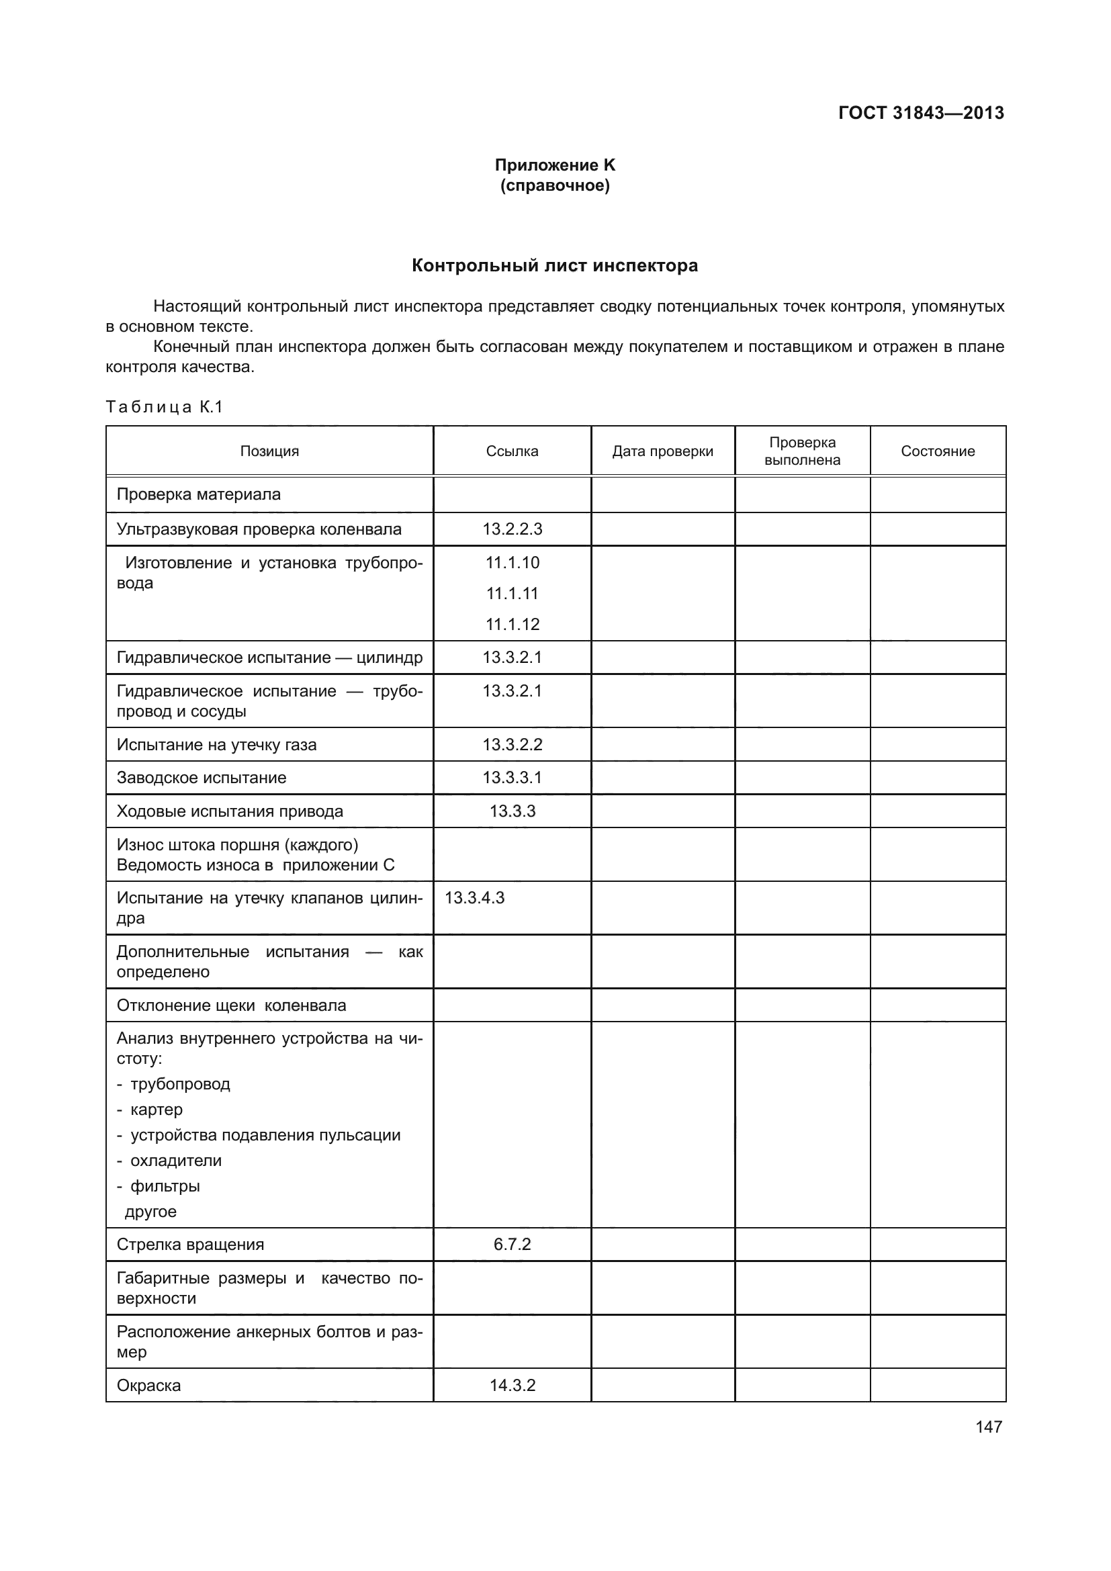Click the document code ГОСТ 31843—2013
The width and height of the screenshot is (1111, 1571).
[x=921, y=113]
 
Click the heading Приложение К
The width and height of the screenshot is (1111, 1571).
[x=555, y=165]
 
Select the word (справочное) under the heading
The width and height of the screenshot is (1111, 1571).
[x=555, y=185]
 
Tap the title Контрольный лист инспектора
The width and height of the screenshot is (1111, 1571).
[x=555, y=265]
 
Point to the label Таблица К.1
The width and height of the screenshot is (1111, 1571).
[x=164, y=407]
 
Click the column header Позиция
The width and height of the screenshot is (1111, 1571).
[x=269, y=451]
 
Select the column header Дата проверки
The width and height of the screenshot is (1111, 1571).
[x=662, y=451]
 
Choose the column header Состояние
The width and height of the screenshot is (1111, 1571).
[x=937, y=451]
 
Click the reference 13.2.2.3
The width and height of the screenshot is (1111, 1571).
[x=512, y=529]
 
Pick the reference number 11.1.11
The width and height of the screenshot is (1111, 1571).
[x=512, y=593]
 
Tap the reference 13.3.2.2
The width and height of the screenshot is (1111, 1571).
[x=512, y=744]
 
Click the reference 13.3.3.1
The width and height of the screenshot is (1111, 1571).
[x=512, y=777]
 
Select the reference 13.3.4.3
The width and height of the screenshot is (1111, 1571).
[x=475, y=898]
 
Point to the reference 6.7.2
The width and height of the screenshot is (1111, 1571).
[x=512, y=1244]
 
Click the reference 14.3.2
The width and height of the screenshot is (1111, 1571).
[x=512, y=1385]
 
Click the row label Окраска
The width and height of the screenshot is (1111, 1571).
[x=148, y=1385]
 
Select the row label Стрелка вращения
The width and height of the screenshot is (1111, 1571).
[x=190, y=1244]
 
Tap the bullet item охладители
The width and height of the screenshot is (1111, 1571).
[x=176, y=1161]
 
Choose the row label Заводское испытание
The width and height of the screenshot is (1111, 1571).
[x=201, y=777]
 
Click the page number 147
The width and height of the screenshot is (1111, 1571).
[x=989, y=1427]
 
